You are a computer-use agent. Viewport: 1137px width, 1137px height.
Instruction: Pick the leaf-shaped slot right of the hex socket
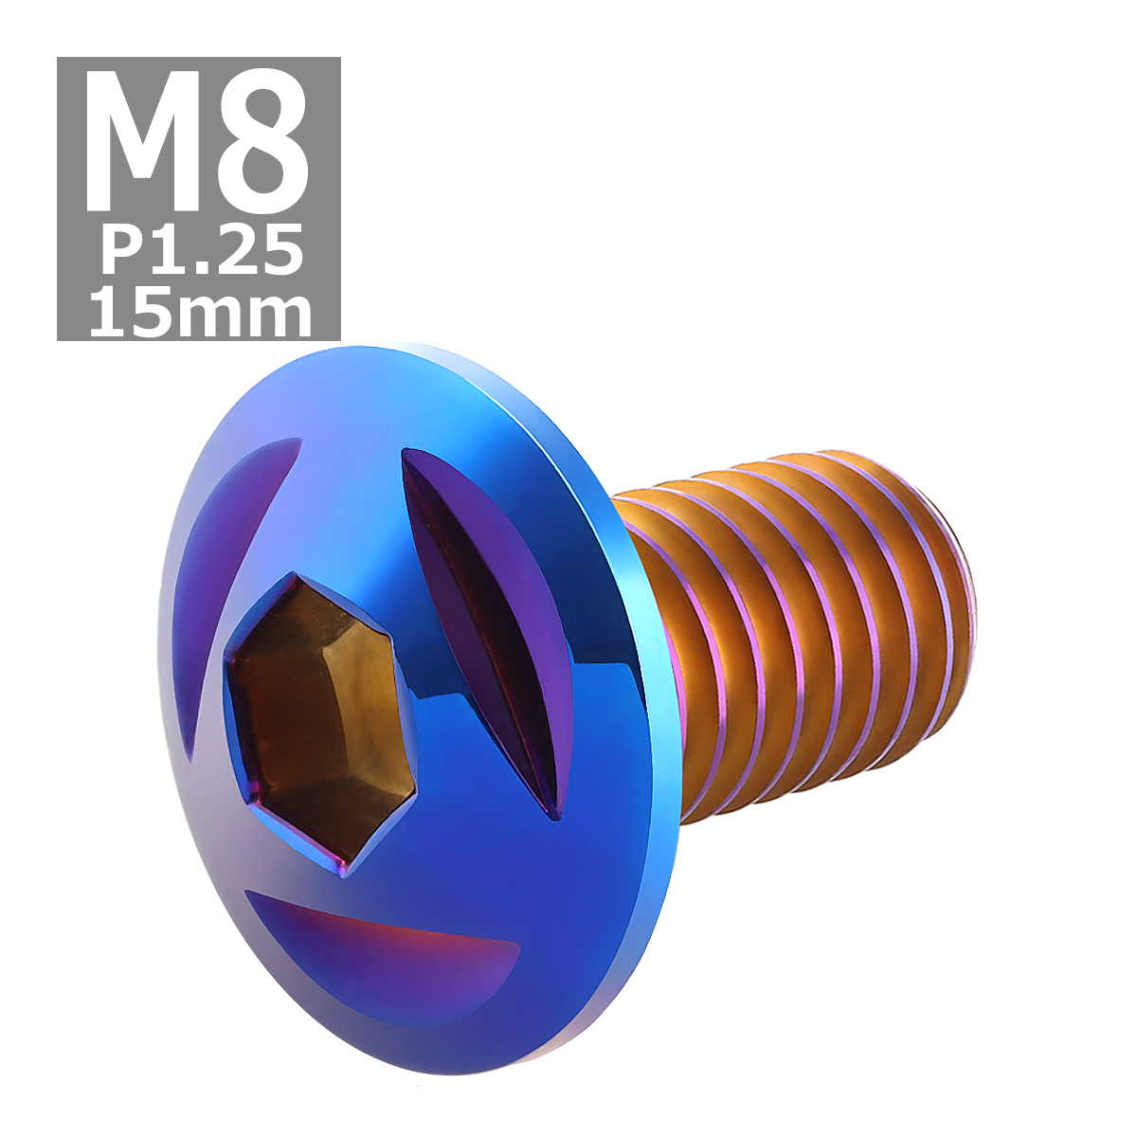click(x=488, y=625)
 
